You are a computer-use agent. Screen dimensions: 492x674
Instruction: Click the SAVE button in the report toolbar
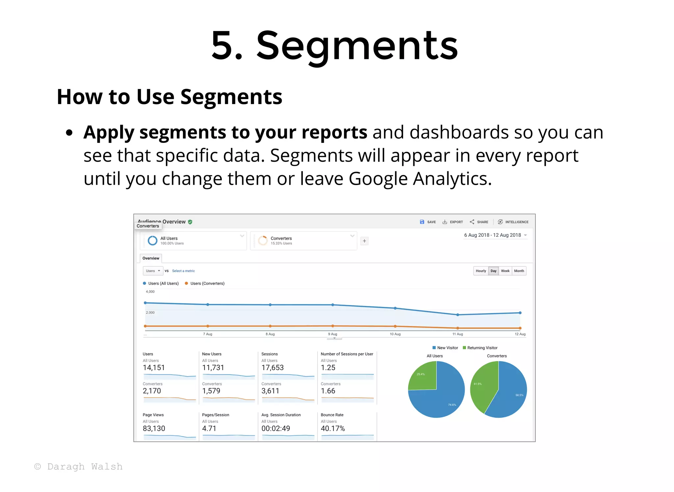coord(428,222)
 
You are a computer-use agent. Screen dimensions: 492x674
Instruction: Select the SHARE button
coord(479,222)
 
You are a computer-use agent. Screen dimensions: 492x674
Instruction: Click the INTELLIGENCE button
coord(513,222)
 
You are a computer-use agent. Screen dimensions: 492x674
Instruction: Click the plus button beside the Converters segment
coord(364,241)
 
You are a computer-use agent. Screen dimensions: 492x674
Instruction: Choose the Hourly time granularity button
coord(480,271)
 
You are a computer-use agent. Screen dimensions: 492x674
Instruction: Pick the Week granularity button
coord(505,271)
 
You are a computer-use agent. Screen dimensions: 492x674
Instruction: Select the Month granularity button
coord(519,271)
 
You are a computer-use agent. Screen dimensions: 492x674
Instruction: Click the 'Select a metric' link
coord(183,271)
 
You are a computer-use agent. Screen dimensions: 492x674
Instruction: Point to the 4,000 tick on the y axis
coord(150,292)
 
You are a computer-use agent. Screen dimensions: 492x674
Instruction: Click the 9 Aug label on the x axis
coord(332,334)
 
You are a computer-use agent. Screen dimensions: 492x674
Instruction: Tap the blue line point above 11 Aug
coord(457,315)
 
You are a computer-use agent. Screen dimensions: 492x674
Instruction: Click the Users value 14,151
coord(154,368)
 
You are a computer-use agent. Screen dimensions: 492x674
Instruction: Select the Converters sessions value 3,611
coord(270,391)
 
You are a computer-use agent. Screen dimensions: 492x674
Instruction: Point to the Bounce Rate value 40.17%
coord(333,429)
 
